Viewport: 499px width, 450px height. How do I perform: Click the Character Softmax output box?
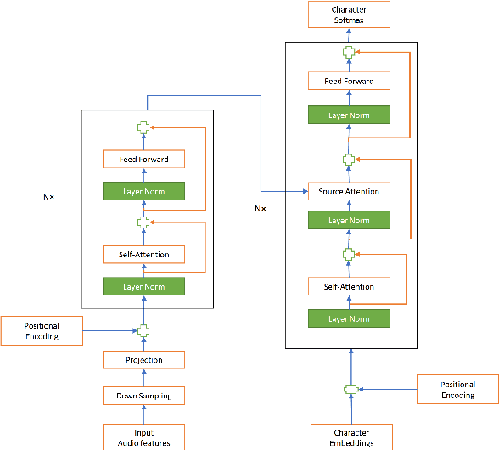[x=348, y=14]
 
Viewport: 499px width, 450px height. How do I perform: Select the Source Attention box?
[x=348, y=191]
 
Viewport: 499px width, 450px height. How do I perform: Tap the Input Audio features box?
[x=143, y=437]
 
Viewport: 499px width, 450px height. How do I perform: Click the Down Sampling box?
[x=143, y=396]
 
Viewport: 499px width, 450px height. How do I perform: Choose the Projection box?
[x=143, y=360]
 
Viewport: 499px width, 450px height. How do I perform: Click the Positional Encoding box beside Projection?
[x=42, y=331]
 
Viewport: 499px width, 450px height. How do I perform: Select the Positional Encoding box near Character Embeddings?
[x=457, y=390]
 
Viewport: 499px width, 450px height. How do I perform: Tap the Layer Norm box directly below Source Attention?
[x=348, y=221]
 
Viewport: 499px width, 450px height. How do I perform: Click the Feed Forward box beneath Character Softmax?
[x=348, y=82]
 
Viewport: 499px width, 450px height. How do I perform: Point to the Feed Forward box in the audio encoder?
[x=143, y=160]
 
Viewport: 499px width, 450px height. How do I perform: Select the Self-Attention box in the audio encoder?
[x=143, y=254]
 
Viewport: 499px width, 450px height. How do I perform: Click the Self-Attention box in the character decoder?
[x=348, y=286]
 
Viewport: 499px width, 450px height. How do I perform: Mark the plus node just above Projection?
[x=143, y=331]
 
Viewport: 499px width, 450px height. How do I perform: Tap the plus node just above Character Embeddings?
[x=348, y=390]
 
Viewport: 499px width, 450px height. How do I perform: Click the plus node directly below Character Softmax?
[x=348, y=52]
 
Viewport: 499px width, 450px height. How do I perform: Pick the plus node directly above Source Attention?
[x=348, y=159]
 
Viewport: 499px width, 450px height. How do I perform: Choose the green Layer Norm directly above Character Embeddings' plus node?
[x=348, y=318]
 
